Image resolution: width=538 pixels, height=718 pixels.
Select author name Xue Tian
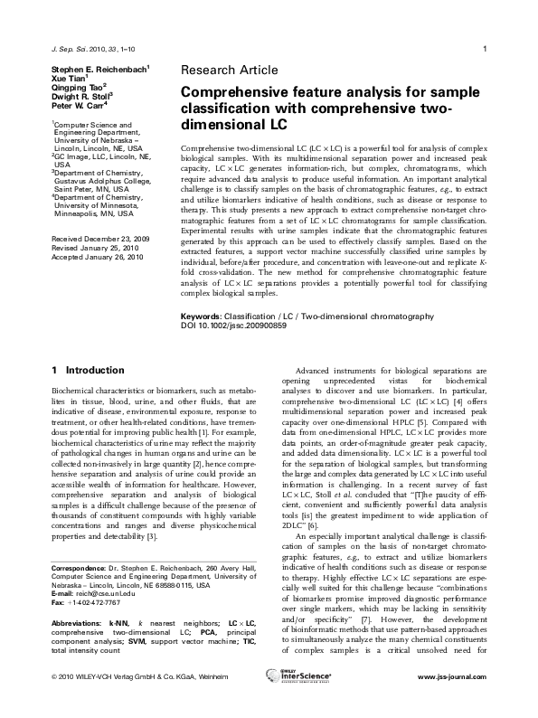click(71, 78)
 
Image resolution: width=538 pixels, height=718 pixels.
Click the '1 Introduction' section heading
click(89, 370)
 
